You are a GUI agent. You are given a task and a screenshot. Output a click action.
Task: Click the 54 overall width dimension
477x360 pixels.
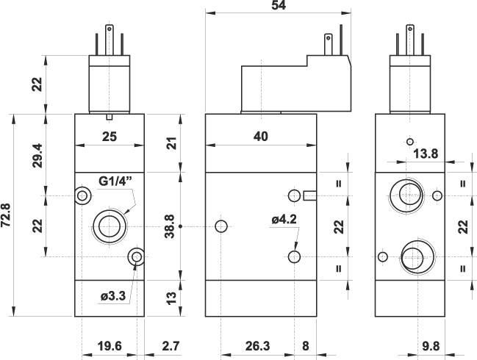[278, 5]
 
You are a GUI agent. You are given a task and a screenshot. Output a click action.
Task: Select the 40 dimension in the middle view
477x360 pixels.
[260, 136]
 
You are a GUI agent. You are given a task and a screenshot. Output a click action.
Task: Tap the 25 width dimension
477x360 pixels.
[109, 136]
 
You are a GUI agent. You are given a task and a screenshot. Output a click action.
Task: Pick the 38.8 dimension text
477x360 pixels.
[171, 226]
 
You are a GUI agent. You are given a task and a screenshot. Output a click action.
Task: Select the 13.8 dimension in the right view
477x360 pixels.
[426, 154]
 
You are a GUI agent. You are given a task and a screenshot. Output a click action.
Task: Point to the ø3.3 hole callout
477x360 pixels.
[115, 297]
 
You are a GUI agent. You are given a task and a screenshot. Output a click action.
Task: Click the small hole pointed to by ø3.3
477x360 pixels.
[135, 256]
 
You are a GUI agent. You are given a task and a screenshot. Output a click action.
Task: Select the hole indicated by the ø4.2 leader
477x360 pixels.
[295, 256]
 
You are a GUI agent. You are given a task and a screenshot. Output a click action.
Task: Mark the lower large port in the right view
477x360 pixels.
[412, 258]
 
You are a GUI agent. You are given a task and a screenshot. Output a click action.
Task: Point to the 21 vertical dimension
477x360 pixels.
[171, 143]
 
